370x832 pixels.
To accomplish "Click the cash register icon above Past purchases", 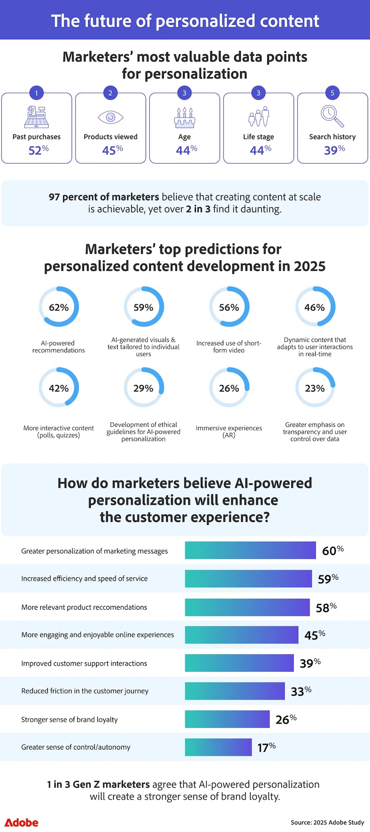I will click(37, 117).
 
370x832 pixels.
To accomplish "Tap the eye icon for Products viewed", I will click(111, 117).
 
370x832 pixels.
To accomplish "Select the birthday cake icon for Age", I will click(185, 117).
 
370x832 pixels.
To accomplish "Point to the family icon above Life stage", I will click(259, 116).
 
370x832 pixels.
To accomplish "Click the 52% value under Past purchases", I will click(38, 150).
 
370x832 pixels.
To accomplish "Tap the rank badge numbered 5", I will click(333, 93).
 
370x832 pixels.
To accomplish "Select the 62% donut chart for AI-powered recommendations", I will click(59, 307).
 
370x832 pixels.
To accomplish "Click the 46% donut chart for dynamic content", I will click(315, 307).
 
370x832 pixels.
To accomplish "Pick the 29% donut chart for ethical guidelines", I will click(143, 388).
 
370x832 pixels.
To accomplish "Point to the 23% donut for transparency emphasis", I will click(315, 388).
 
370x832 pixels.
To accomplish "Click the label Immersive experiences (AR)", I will click(229, 431).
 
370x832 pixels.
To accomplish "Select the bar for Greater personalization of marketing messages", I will click(250, 550).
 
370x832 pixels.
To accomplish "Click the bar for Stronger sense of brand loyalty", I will click(227, 719).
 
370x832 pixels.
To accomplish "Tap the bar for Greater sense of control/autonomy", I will click(218, 747).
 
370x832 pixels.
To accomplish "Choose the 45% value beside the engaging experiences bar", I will click(314, 635).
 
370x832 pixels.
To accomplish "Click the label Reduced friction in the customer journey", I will click(85, 691).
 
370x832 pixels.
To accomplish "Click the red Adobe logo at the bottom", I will click(22, 823).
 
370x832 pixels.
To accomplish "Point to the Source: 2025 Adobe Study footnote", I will click(327, 822).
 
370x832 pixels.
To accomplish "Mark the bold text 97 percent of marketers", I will click(104, 197).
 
